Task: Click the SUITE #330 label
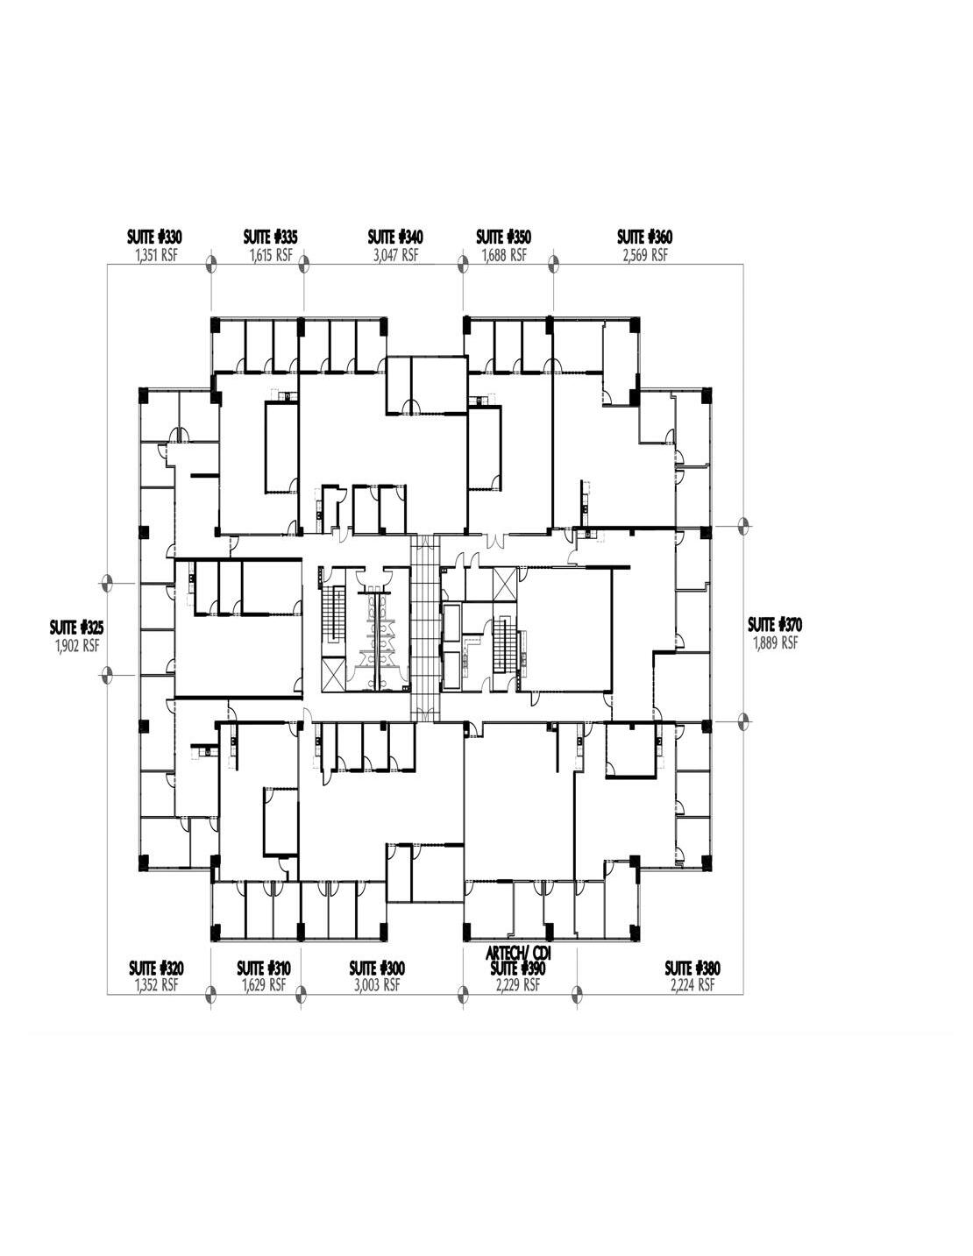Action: point(154,237)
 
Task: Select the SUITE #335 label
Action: point(270,237)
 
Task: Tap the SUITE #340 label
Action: point(395,237)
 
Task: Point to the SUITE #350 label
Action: point(503,237)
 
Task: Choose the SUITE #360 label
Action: point(644,237)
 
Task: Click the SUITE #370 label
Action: point(775,625)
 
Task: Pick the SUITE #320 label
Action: point(156,968)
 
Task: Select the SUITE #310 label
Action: point(264,968)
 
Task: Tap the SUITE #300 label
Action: point(377,968)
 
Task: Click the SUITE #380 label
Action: point(692,968)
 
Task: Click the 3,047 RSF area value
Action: point(395,255)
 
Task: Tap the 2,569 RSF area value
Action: point(644,255)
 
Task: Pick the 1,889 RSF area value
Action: point(775,642)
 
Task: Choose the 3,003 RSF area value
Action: point(377,985)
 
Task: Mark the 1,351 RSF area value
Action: point(155,255)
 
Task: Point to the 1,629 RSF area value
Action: point(264,985)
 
